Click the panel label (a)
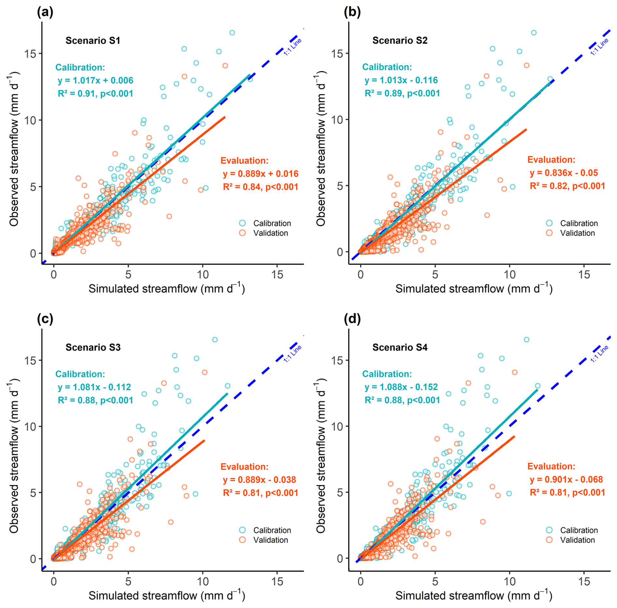tap(45, 12)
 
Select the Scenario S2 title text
tap(399, 40)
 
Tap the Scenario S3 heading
tap(93, 347)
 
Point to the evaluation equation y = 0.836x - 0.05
tap(564, 173)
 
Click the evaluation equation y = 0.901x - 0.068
tap(566, 479)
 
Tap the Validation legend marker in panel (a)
tap(242, 233)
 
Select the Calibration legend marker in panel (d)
tap(549, 530)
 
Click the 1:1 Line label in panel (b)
tap(599, 47)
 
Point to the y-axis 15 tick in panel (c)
tap(30, 360)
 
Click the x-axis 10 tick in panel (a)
tap(203, 274)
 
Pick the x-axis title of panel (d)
tap(474, 595)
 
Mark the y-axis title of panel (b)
tap(321, 148)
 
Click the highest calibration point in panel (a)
tap(232, 33)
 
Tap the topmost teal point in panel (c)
tap(215, 340)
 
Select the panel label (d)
tap(352, 319)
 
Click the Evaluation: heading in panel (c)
tap(244, 467)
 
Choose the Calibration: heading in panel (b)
tap(387, 67)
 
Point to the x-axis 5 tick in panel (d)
tap(435, 581)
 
